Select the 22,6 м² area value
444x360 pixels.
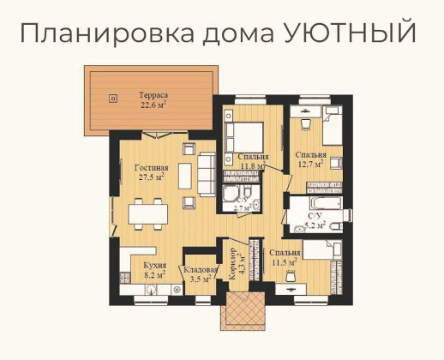point(153,107)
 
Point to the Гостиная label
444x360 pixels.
point(152,168)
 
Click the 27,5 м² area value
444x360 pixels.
point(152,178)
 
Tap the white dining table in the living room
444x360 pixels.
point(145,212)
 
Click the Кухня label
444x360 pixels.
point(155,266)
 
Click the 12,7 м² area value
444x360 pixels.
point(311,163)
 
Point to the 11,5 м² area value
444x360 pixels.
point(285,264)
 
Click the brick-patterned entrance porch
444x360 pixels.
point(243,312)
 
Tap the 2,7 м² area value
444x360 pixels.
point(243,207)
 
